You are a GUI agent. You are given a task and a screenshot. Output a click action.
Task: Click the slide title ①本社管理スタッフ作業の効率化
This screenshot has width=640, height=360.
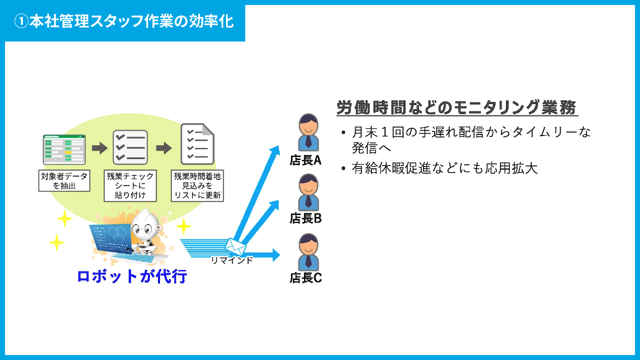tap(124, 21)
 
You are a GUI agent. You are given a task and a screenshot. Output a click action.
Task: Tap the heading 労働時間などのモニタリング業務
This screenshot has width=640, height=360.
tap(456, 107)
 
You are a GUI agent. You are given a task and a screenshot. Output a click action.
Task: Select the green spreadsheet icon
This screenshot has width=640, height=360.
tap(64, 149)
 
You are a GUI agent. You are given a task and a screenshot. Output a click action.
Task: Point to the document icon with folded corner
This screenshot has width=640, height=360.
tap(197, 144)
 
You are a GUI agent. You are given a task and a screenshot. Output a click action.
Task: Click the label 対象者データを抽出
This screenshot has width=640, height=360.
tap(64, 180)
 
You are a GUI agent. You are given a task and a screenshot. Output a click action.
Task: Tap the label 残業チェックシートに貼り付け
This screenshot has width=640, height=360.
tap(130, 185)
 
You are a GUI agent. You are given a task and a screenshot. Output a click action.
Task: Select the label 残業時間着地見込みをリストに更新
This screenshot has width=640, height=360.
tap(197, 185)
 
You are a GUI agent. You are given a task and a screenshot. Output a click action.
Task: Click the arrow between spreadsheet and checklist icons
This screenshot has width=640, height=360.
tap(100, 148)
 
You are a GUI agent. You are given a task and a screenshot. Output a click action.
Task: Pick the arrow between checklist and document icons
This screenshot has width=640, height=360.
tap(164, 148)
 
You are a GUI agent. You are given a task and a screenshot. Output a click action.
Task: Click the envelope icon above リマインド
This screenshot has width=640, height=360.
tap(235, 246)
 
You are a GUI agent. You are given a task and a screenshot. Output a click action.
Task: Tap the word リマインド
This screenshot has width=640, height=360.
tap(231, 260)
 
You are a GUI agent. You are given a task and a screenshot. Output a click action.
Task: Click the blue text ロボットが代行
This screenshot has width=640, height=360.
tap(132, 276)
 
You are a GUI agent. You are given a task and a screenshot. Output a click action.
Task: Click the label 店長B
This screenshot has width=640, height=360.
tap(305, 218)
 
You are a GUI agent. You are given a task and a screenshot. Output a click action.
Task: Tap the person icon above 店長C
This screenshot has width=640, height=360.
tap(308, 252)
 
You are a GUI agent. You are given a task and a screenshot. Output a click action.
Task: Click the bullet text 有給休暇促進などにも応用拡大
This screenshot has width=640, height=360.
tap(444, 168)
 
